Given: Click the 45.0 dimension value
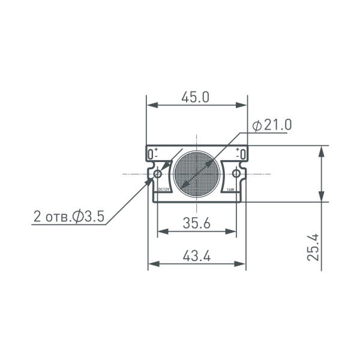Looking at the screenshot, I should tap(196, 97).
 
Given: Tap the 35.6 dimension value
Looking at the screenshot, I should tap(196, 223).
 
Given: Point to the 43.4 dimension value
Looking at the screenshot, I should tap(196, 256).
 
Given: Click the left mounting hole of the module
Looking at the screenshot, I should tap(158, 174).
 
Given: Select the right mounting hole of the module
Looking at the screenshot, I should tap(236, 174).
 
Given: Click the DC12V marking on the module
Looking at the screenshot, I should tap(164, 190).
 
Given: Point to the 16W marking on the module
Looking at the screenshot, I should tap(230, 190).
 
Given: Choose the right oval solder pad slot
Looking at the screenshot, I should tap(242, 154).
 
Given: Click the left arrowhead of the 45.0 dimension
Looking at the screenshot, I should tap(152, 105).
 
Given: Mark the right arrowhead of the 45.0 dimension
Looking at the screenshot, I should tap(242, 105).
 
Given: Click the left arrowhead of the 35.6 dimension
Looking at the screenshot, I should tap(161, 231).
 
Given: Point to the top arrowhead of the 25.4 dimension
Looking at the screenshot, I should tap(322, 151).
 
